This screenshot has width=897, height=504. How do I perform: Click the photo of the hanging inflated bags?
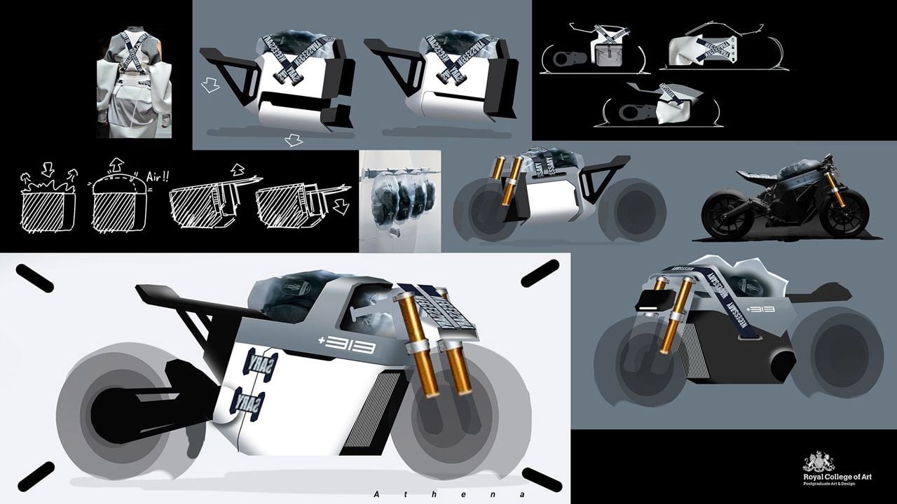click(399, 201)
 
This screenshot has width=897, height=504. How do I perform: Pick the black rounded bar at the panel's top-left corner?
click(34, 278)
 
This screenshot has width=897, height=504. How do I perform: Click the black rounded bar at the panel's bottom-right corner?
click(541, 479)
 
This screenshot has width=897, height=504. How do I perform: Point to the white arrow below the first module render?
click(294, 141)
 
